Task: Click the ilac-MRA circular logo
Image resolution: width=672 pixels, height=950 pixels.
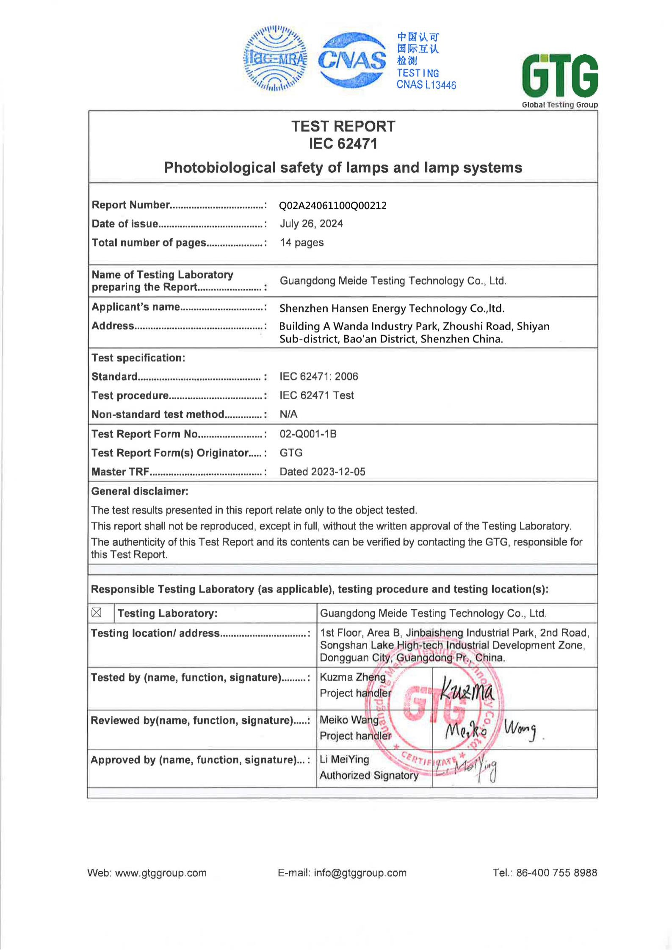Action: point(275,59)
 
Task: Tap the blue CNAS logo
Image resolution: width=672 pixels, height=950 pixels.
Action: point(352,60)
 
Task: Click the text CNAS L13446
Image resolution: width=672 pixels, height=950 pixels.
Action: point(426,85)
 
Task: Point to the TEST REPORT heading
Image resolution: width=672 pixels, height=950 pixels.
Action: point(343,127)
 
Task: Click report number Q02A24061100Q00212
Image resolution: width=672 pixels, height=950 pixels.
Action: point(333,206)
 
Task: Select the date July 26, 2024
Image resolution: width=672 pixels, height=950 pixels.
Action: point(311,224)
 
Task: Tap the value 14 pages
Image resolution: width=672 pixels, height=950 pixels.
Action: point(301,243)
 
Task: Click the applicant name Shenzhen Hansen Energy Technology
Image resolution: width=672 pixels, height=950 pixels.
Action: point(392,308)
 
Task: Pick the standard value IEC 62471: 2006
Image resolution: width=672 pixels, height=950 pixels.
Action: point(318,376)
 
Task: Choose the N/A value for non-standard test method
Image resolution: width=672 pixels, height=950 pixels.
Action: point(288,414)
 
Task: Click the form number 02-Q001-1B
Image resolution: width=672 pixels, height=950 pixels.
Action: point(308,434)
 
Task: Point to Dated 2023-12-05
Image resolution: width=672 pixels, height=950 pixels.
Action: point(322,472)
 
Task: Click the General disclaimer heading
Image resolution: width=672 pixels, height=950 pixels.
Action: point(140,491)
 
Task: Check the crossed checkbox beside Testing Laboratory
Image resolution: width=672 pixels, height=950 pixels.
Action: point(97,613)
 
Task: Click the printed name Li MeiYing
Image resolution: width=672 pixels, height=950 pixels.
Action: point(344,759)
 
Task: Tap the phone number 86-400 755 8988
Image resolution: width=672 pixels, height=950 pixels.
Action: point(556,873)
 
